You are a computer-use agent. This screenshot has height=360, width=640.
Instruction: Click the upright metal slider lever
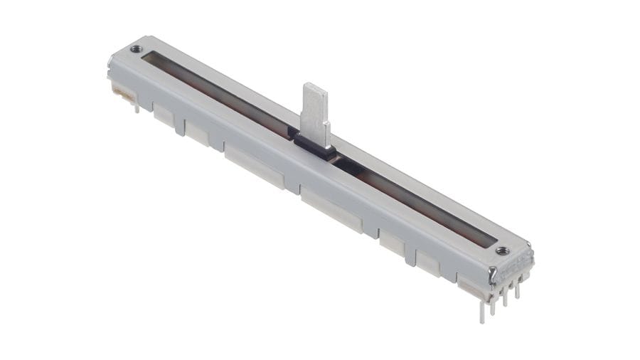tap(315, 110)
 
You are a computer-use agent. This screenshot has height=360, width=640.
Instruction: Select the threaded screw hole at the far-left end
tap(136, 49)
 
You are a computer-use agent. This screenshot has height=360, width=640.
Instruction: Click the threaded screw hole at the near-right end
tap(501, 250)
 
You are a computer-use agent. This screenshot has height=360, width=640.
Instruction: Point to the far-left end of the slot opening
tap(146, 58)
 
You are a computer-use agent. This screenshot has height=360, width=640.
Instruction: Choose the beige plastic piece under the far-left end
tap(122, 92)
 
